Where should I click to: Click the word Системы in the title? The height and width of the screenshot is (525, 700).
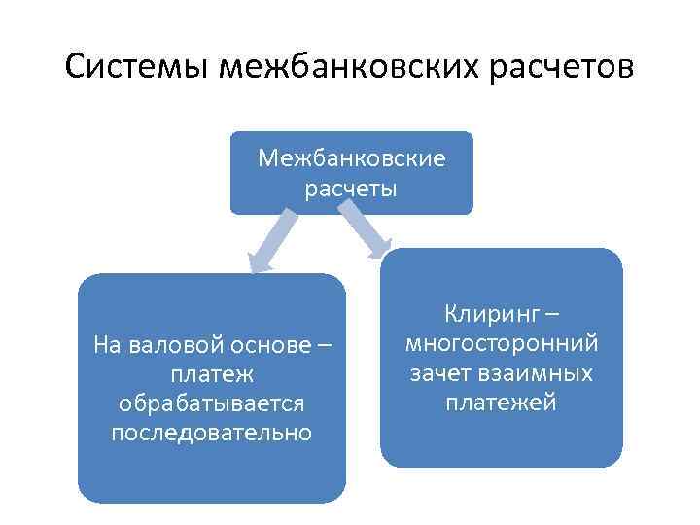pyautogui.click(x=138, y=68)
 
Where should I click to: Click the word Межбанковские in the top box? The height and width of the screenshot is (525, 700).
pyautogui.click(x=352, y=157)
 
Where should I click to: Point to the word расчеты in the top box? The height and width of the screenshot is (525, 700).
pyautogui.click(x=351, y=188)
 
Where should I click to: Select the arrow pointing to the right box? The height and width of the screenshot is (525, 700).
pyautogui.click(x=367, y=236)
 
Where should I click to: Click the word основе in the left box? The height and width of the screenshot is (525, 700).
pyautogui.click(x=267, y=344)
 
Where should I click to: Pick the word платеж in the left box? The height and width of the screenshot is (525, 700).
pyautogui.click(x=211, y=373)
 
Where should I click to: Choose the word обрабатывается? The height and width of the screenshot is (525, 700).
pyautogui.click(x=211, y=402)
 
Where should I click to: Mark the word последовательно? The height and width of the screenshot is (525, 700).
pyautogui.click(x=211, y=432)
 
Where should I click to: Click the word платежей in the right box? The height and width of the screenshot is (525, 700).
pyautogui.click(x=502, y=402)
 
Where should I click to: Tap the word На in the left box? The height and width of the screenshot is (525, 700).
pyautogui.click(x=106, y=344)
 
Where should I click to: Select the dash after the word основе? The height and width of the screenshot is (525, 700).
pyautogui.click(x=324, y=344)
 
